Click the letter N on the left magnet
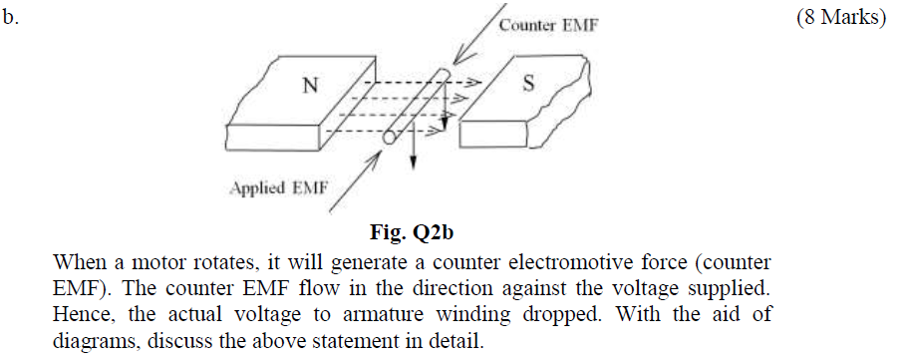pyautogui.click(x=311, y=86)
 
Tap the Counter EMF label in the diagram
pyautogui.click(x=548, y=25)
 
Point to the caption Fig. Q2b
pyautogui.click(x=413, y=235)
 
